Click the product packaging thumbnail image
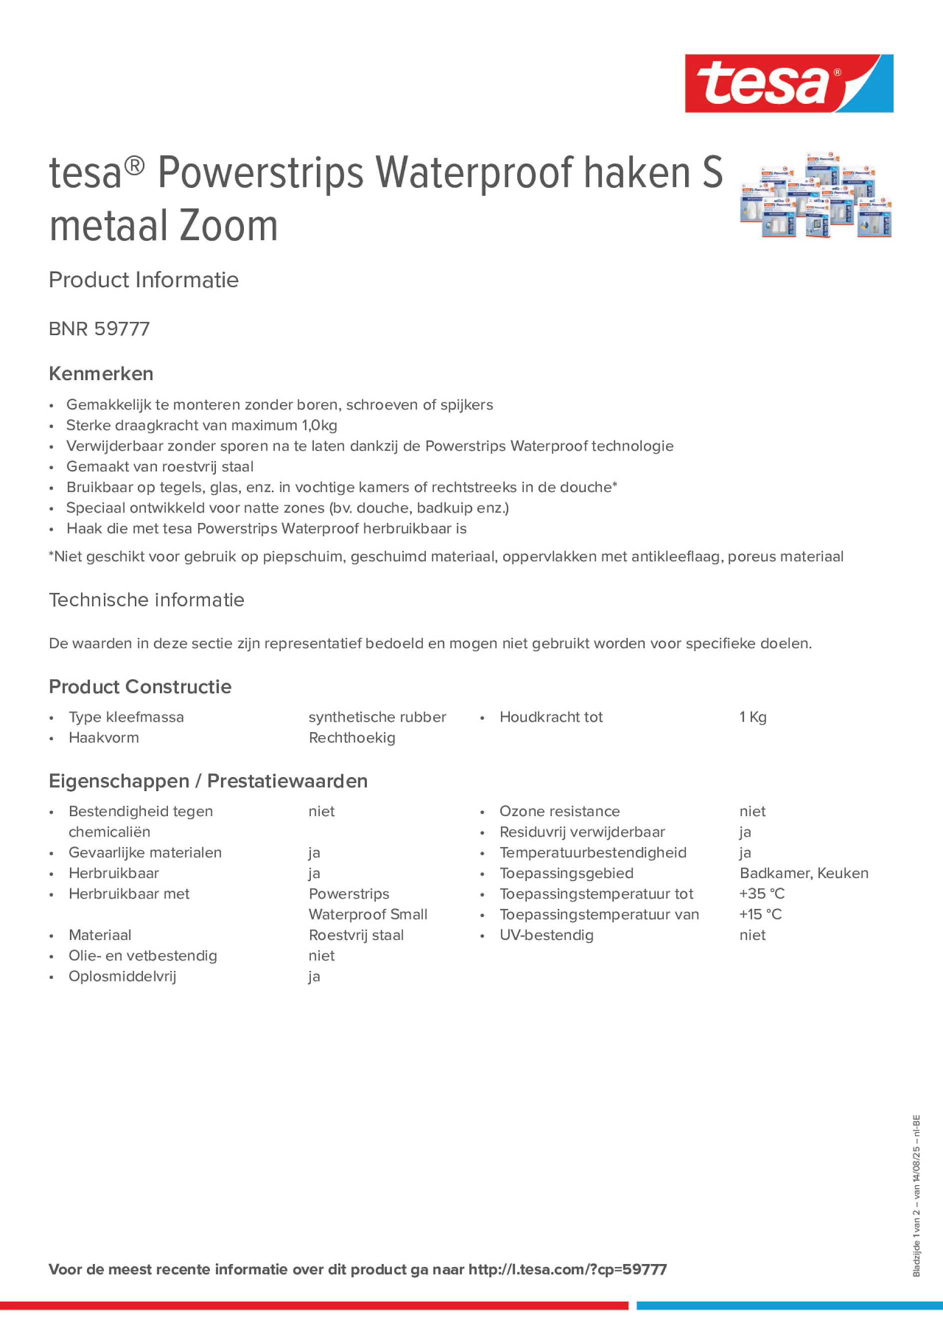816,196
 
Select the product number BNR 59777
99,329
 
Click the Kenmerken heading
101,374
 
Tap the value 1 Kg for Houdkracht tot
753,717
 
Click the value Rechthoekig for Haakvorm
352,738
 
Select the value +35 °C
762,893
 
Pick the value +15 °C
761,914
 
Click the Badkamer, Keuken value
804,873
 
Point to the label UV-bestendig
547,935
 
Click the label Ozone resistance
559,811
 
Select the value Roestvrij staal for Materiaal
356,935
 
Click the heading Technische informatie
146,600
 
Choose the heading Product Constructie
140,687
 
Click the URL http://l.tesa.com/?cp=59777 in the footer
567,1270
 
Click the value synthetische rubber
377,717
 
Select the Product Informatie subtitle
143,280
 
